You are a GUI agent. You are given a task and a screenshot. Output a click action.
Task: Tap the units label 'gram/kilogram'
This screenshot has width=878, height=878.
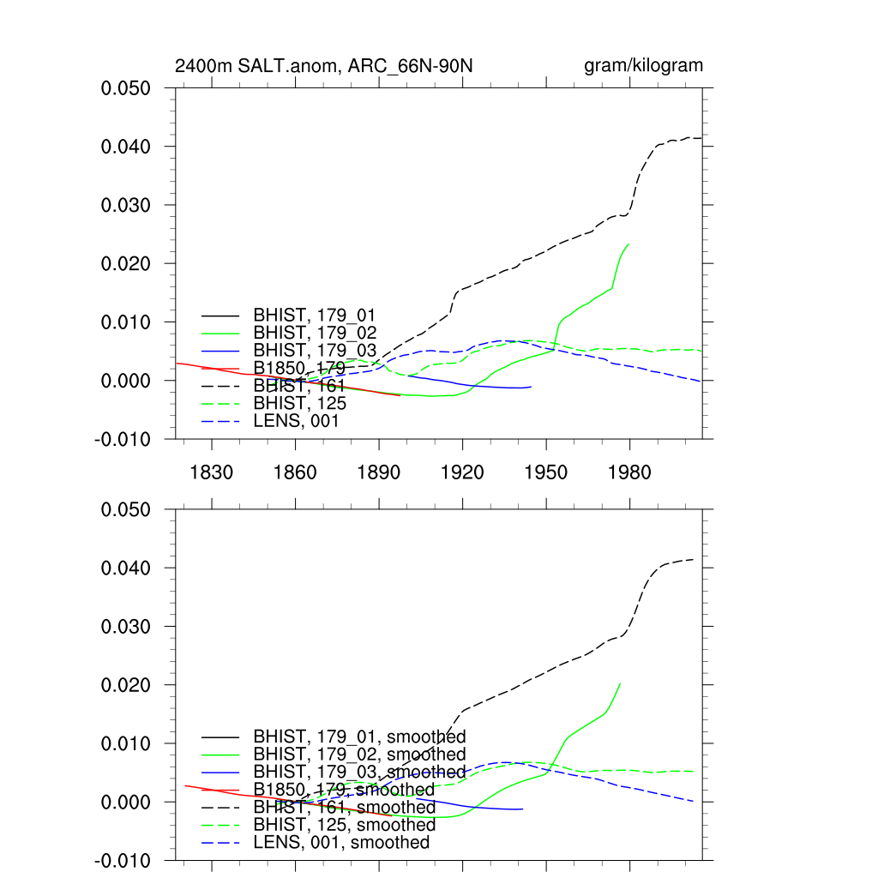click(643, 66)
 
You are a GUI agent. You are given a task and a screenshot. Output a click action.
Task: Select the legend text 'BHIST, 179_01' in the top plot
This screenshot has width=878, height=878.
click(314, 315)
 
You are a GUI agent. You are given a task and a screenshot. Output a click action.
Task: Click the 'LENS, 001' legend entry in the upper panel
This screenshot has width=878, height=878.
click(296, 421)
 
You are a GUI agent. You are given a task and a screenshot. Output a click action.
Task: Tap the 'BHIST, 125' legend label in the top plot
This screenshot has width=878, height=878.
click(299, 403)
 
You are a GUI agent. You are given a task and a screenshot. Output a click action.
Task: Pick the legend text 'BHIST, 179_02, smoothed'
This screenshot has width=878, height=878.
click(359, 755)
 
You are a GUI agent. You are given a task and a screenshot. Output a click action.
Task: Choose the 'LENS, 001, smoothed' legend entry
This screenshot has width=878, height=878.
click(341, 843)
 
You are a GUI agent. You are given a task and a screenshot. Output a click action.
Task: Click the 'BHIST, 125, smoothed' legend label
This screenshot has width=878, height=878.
click(344, 825)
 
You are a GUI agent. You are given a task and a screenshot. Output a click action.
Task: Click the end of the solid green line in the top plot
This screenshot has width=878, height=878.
click(629, 244)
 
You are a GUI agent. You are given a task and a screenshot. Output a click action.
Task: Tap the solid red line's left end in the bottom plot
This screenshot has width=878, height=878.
click(185, 785)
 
